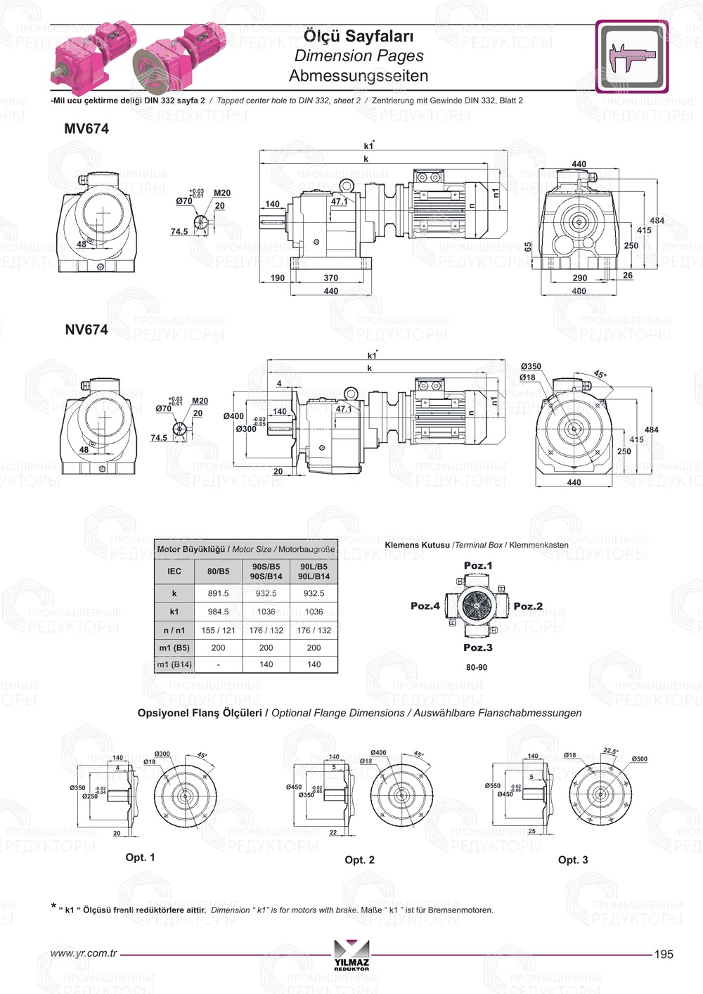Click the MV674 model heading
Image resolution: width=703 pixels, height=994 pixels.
(x=86, y=129)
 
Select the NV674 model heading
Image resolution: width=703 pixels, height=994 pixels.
(x=86, y=330)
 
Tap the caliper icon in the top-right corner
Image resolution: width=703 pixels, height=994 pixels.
(x=631, y=57)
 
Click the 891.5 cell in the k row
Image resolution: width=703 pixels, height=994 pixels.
(x=218, y=593)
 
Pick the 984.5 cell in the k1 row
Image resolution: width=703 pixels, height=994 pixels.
(x=218, y=612)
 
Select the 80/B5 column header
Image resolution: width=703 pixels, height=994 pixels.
(x=218, y=572)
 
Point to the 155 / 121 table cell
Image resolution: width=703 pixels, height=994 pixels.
(x=218, y=631)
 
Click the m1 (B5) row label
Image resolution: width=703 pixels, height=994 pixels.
(x=174, y=648)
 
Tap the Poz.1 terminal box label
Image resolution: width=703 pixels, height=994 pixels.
(x=478, y=566)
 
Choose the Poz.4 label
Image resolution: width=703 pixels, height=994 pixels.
(x=425, y=606)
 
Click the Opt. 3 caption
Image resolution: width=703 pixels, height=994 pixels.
(x=573, y=860)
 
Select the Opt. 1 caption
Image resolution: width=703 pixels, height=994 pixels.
(x=140, y=858)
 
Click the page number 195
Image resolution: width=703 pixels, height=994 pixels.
(x=664, y=954)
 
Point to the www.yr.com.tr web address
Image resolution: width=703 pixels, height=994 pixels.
(x=84, y=953)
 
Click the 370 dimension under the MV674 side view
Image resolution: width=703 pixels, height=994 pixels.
(x=330, y=278)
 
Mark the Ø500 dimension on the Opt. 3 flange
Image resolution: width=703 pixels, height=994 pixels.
(x=639, y=759)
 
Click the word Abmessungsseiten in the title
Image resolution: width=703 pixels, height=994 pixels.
(x=359, y=75)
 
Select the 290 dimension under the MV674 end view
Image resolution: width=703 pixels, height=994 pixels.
(x=580, y=278)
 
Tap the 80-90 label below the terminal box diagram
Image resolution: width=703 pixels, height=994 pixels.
(x=477, y=668)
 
